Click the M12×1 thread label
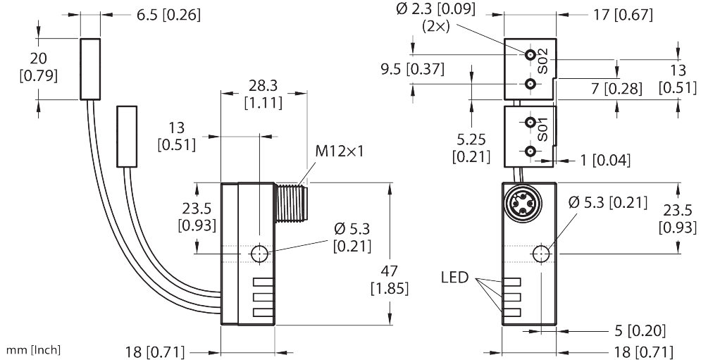pyautogui.click(x=339, y=151)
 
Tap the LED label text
pyautogui.click(x=454, y=278)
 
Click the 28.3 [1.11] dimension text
pyautogui.click(x=263, y=94)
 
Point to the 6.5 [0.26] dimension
pyautogui.click(x=168, y=15)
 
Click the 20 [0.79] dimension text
pyautogui.click(x=39, y=67)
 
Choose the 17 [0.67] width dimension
pyautogui.click(x=623, y=15)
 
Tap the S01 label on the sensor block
pyautogui.click(x=542, y=130)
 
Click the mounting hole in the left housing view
pyautogui.click(x=260, y=254)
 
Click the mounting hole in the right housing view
pyautogui.click(x=542, y=254)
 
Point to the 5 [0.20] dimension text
pyautogui.click(x=640, y=330)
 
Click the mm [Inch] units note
pyautogui.click(x=32, y=350)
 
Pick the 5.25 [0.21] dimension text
pyautogui.click(x=471, y=149)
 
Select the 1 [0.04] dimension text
pyautogui.click(x=604, y=160)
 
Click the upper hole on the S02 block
pyautogui.click(x=530, y=55)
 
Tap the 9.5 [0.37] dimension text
pyautogui.click(x=412, y=69)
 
